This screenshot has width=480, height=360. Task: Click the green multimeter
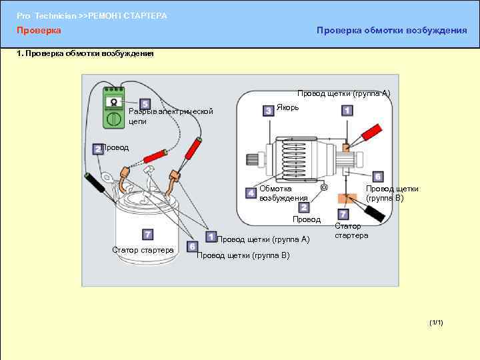(x=113, y=108)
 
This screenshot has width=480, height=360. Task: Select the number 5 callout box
(x=145, y=104)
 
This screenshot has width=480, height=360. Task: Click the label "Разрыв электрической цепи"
(x=171, y=116)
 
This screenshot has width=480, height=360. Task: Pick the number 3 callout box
(x=267, y=110)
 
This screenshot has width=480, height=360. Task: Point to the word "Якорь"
(x=288, y=107)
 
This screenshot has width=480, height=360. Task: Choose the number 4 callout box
(x=251, y=193)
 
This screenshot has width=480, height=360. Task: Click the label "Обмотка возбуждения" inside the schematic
(x=283, y=193)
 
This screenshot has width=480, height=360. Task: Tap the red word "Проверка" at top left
(x=39, y=31)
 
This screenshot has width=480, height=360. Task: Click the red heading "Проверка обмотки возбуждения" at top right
(x=391, y=31)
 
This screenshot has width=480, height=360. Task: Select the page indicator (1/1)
(x=437, y=323)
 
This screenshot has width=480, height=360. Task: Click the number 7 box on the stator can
(x=147, y=234)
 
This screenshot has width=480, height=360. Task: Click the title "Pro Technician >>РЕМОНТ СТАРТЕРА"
(x=92, y=15)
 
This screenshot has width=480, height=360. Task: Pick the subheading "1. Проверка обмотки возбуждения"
(x=85, y=54)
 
